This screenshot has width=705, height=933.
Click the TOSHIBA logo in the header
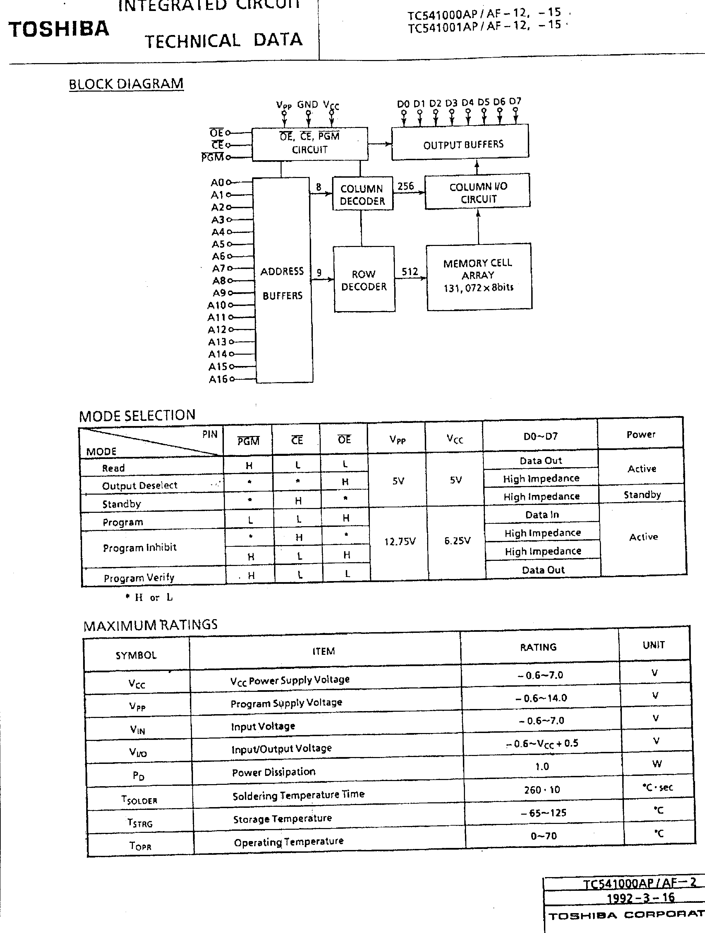point(59,29)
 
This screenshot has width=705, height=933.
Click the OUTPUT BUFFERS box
point(460,143)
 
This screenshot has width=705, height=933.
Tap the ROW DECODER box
point(364,280)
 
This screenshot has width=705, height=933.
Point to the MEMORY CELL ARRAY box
point(478,276)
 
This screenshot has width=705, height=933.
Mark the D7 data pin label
point(515,102)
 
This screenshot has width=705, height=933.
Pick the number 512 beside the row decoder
point(409,272)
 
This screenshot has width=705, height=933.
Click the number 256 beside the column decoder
point(405,186)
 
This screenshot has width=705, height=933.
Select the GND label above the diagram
point(307,105)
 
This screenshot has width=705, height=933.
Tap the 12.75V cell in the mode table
point(399,541)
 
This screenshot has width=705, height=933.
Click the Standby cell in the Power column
point(642,495)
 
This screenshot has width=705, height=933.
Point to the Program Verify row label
point(139,577)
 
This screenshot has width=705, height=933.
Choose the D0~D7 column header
point(541,436)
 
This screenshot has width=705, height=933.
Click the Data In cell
point(542,515)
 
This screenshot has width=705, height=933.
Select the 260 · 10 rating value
point(542,790)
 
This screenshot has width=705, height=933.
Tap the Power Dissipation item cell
point(274,772)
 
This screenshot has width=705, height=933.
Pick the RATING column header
point(538,647)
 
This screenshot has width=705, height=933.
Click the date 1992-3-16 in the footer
point(640,898)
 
